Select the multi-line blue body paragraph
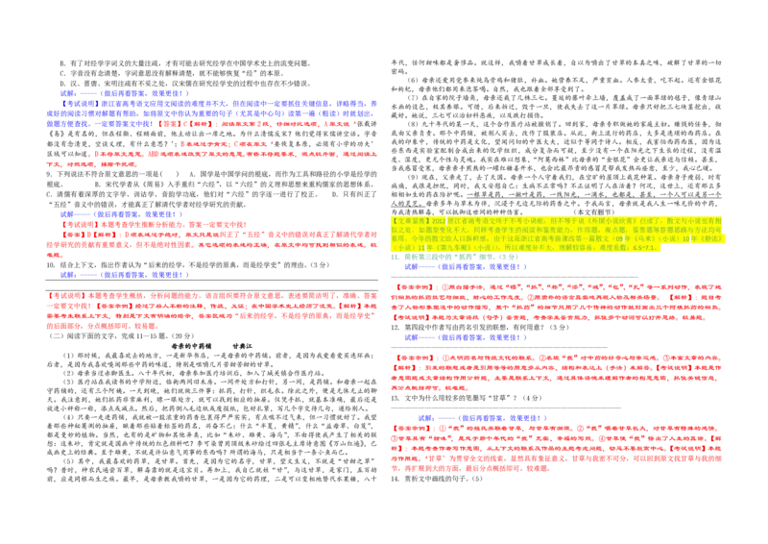(x=211, y=111)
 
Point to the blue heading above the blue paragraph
(x=125, y=93)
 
